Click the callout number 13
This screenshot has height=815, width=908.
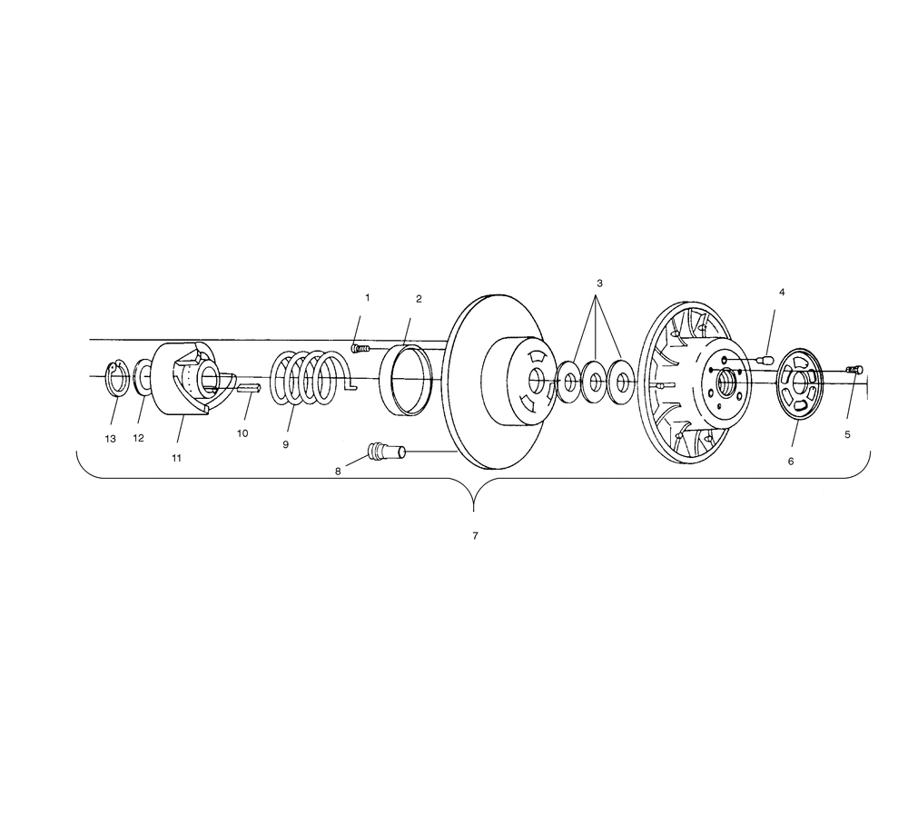pos(110,440)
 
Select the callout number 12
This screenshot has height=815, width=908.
pos(138,438)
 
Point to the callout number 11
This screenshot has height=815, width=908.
pos(177,458)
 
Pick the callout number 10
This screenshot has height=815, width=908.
pos(242,433)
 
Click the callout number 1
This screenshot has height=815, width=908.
pos(367,298)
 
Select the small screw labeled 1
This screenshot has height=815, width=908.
pos(360,348)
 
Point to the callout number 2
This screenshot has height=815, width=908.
pos(419,299)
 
